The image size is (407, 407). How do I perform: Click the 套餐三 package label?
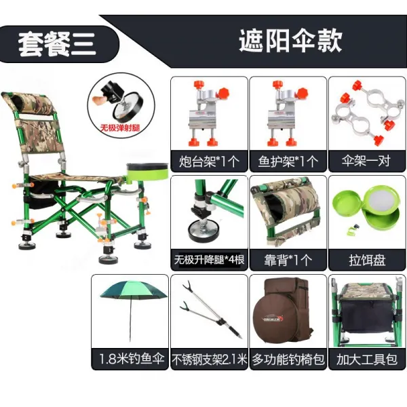click(57, 44)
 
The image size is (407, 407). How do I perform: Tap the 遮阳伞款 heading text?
click(290, 41)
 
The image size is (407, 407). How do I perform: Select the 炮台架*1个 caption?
click(209, 161)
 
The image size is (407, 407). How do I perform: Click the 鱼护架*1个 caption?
click(288, 161)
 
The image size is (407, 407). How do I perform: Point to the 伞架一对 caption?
click(366, 161)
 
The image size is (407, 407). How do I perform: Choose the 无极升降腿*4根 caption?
click(209, 260)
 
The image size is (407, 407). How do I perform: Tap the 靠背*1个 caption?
click(288, 260)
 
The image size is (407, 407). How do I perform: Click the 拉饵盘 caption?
click(367, 260)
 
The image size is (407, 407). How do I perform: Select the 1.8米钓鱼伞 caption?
click(132, 359)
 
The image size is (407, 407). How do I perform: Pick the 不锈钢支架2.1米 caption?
click(209, 360)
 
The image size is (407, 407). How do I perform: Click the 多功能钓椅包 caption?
click(288, 360)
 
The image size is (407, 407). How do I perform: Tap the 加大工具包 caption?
click(367, 360)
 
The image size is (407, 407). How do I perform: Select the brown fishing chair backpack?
click(284, 312)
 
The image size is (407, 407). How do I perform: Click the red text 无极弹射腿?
click(120, 128)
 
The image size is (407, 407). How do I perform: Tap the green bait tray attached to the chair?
click(147, 171)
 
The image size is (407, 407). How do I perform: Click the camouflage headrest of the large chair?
click(28, 102)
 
